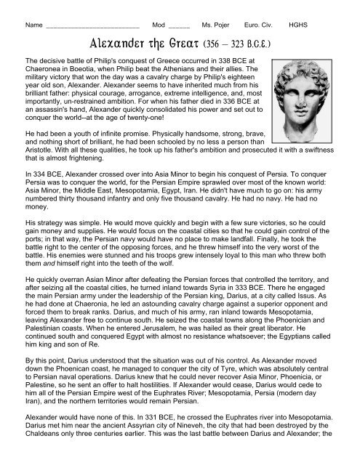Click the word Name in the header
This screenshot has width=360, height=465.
[x=33, y=25]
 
